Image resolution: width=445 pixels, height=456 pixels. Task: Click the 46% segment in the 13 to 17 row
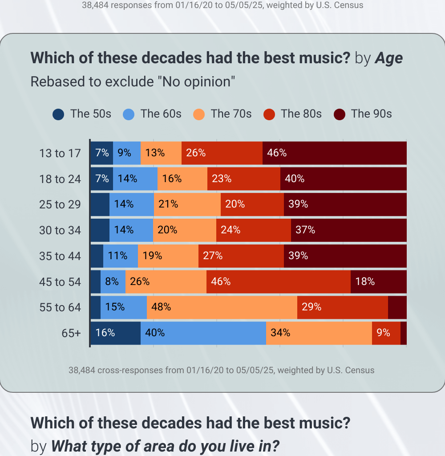[x=334, y=153]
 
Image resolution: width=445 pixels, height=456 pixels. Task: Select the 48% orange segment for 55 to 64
[x=222, y=307]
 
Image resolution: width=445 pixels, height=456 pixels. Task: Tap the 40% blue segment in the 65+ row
[x=203, y=333]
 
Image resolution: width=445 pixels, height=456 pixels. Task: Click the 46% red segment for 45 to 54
[x=278, y=281]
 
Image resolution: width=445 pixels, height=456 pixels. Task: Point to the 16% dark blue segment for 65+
[x=115, y=333]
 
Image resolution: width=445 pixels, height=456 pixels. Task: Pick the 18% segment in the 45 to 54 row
[x=378, y=281]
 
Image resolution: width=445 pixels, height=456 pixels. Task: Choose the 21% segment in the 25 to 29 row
[x=187, y=204]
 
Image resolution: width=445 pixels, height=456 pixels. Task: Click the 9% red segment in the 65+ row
[x=386, y=333]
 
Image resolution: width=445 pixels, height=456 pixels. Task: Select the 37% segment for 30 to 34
[x=348, y=230]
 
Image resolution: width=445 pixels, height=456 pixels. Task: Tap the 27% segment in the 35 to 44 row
[x=241, y=256]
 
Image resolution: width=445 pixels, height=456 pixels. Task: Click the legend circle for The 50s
[x=58, y=114]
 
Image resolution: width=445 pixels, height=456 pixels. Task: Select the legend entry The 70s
[x=222, y=114]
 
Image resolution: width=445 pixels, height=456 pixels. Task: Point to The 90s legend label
[x=371, y=114]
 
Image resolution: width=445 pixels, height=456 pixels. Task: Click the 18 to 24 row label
[x=60, y=179]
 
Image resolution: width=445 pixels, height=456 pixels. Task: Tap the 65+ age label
[x=71, y=333]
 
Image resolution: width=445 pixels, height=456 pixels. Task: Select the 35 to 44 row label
[x=60, y=256]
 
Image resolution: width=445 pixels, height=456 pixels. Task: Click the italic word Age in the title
[x=388, y=58]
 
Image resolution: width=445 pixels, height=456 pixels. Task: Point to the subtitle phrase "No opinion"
[x=198, y=82]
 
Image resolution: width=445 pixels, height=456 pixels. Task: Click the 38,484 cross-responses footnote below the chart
[x=221, y=370]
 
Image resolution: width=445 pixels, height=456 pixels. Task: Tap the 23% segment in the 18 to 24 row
[x=243, y=179]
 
